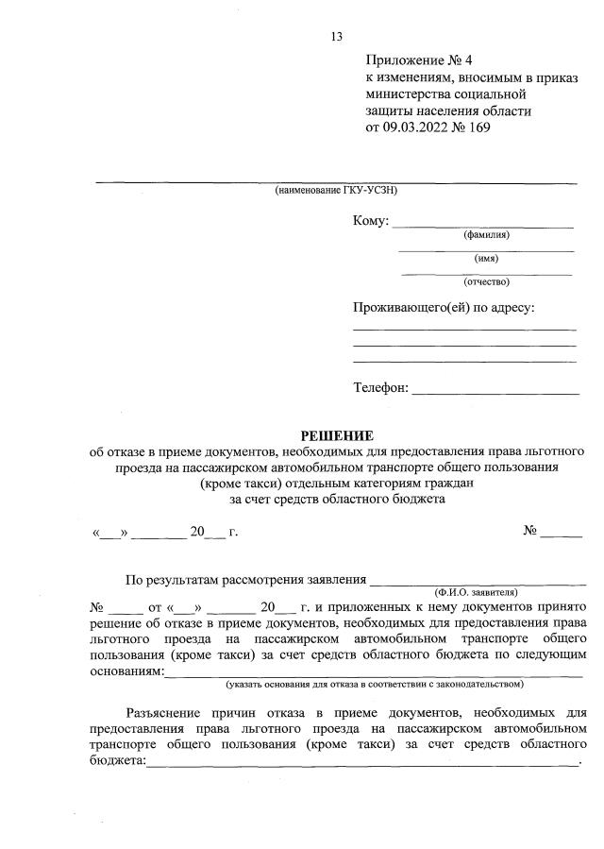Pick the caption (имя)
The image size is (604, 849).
point(486,258)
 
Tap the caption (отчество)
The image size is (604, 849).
point(486,281)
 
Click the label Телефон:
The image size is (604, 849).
point(381,387)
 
